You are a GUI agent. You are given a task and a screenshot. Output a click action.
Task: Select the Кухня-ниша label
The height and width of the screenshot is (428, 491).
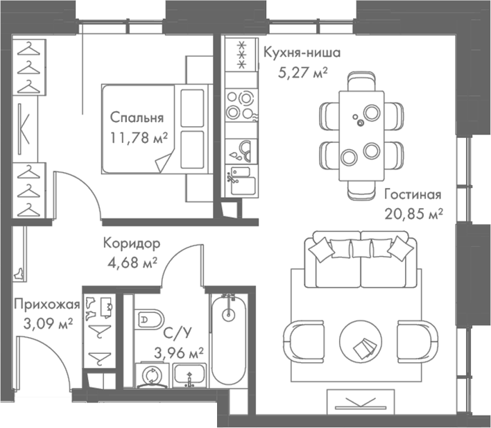point(293,53)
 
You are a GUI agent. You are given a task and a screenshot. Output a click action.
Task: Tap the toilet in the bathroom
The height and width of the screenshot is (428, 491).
point(148,320)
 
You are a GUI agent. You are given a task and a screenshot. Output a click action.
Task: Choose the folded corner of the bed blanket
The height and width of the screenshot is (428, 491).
point(164,164)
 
